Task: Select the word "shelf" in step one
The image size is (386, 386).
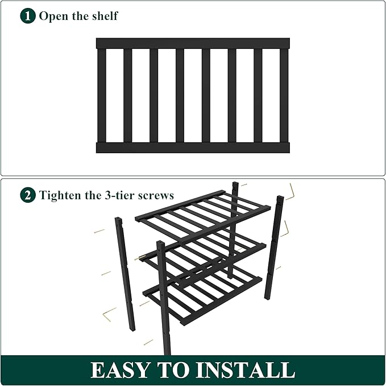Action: (104, 15)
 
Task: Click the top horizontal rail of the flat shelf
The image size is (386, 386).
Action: (193, 43)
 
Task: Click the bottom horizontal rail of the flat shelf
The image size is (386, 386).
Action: (193, 147)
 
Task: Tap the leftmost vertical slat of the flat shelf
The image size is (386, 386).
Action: (102, 95)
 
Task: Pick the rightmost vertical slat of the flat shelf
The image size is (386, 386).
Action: (284, 95)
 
